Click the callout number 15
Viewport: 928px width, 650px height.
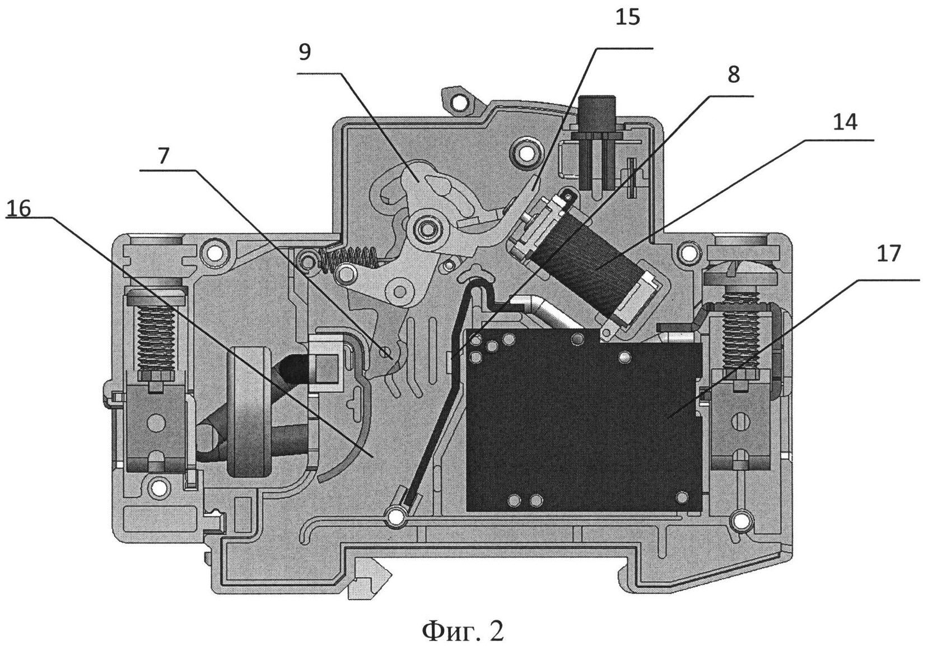628,18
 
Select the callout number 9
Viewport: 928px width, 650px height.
305,53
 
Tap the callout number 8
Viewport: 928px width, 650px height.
734,75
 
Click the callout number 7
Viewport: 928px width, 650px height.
164,156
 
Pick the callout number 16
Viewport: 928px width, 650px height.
18,208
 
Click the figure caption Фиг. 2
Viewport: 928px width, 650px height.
463,632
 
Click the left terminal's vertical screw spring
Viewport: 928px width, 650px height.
156,338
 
